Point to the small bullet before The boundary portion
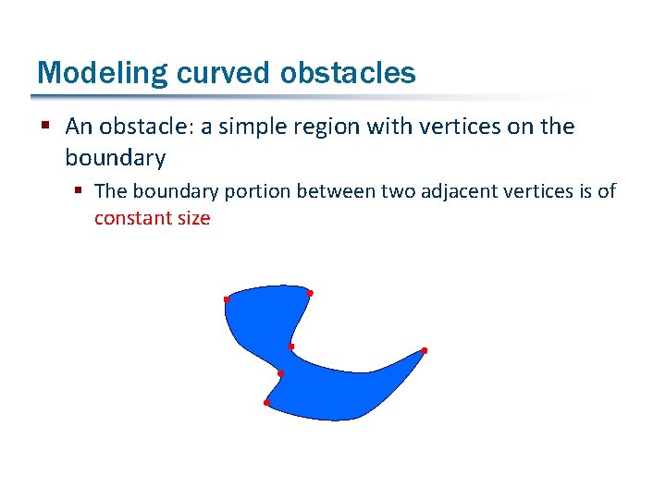80,191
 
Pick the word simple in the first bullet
236,127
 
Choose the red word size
192,218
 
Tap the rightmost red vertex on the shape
424,350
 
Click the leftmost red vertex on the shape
227,299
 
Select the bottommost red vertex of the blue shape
266,403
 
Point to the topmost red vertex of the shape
310,293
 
